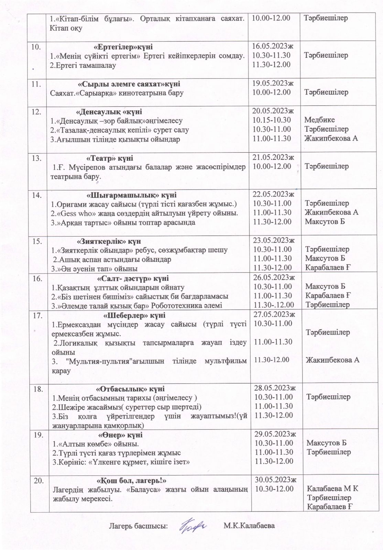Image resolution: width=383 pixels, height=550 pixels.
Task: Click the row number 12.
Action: [36, 112]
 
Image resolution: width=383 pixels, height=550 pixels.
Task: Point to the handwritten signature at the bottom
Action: [192, 526]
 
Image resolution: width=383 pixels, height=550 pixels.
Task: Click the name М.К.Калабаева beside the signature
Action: [249, 526]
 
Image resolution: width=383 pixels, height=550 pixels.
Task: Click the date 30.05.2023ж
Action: [274, 480]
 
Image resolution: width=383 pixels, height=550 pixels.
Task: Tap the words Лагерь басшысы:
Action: [139, 526]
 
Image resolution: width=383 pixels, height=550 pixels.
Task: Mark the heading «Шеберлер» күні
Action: [134, 315]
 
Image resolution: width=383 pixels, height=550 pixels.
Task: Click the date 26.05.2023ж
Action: [274, 278]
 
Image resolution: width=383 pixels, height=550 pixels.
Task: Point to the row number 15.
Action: [37, 241]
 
